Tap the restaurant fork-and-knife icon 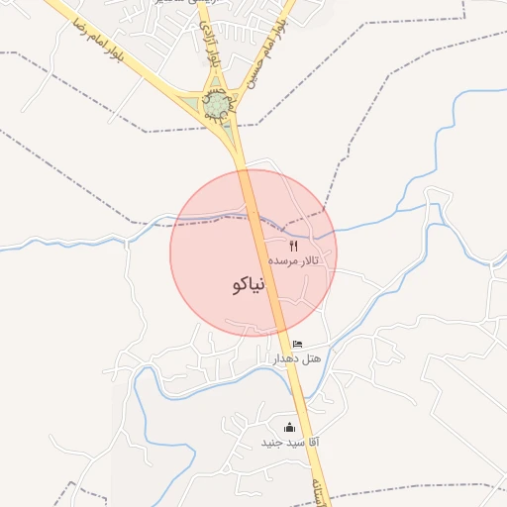coord(292,245)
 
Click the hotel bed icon coord(298,344)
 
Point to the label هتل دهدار coord(297,358)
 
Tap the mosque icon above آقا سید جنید coord(290,427)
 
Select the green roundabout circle coord(215,103)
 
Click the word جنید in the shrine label coord(271,442)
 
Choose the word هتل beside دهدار coord(310,358)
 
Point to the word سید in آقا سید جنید coord(291,442)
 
